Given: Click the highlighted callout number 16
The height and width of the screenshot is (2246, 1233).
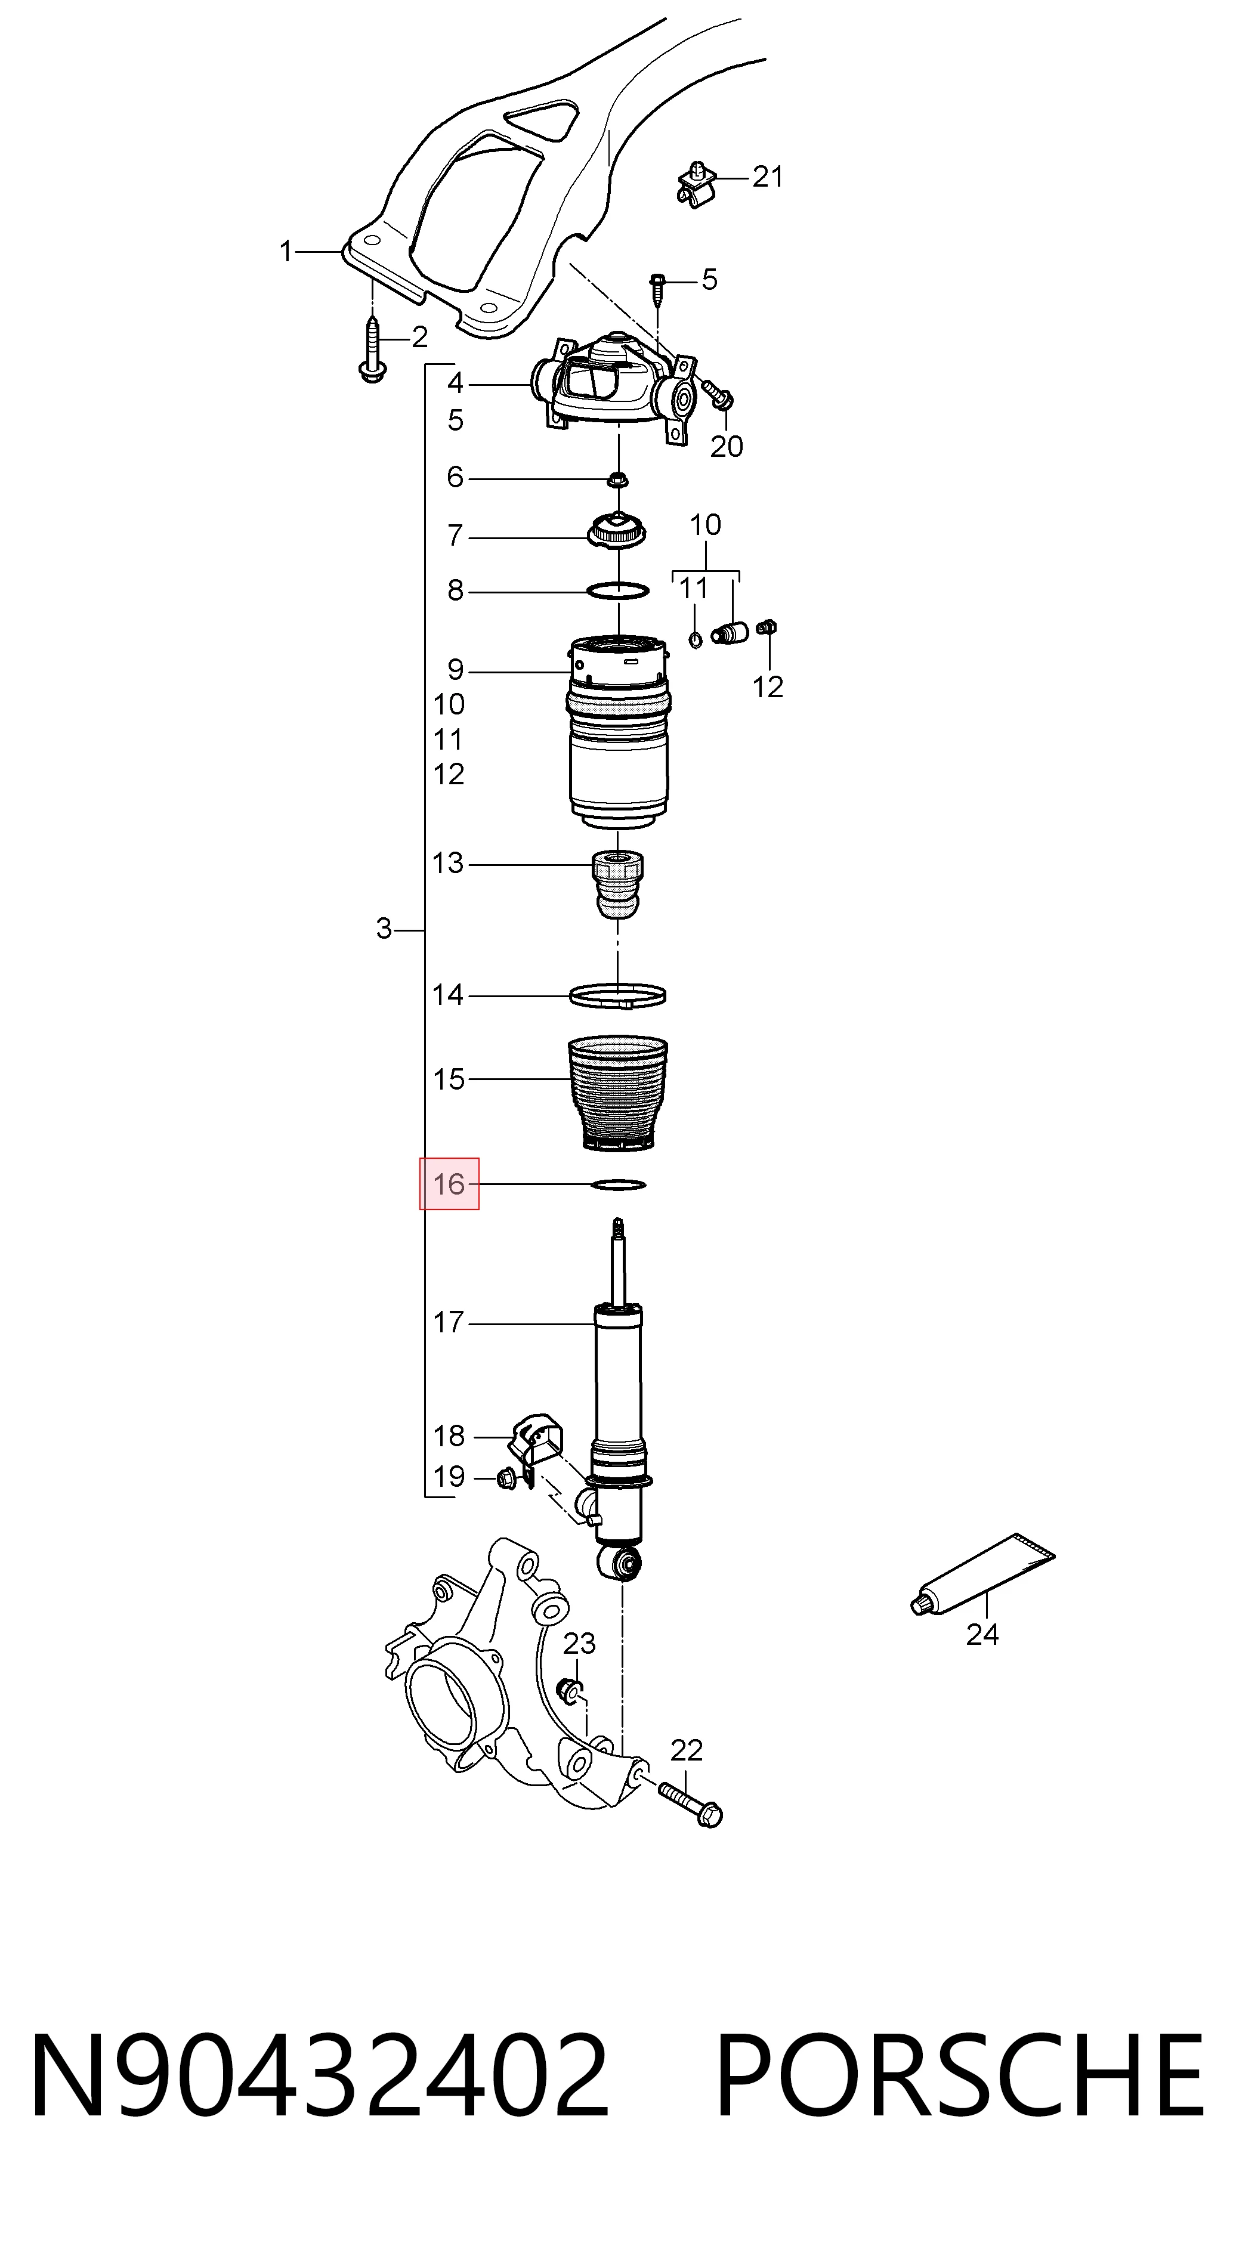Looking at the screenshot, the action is (x=449, y=1184).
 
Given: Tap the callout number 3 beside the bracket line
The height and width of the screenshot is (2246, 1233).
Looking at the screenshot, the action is (x=384, y=929).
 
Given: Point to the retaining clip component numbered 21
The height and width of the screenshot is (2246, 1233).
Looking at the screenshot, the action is (x=697, y=185).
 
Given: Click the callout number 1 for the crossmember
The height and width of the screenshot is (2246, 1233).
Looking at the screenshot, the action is (x=285, y=252).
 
